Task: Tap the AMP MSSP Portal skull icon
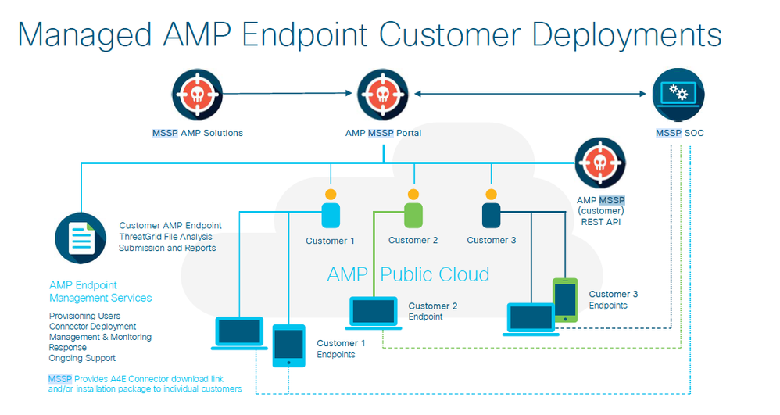click(382, 94)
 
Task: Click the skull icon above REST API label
click(599, 163)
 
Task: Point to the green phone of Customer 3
click(565, 299)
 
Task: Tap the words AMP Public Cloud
click(408, 274)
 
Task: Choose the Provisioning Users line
click(84, 316)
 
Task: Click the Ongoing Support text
click(82, 358)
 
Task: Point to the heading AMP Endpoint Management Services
click(100, 292)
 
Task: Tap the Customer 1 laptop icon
click(238, 333)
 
